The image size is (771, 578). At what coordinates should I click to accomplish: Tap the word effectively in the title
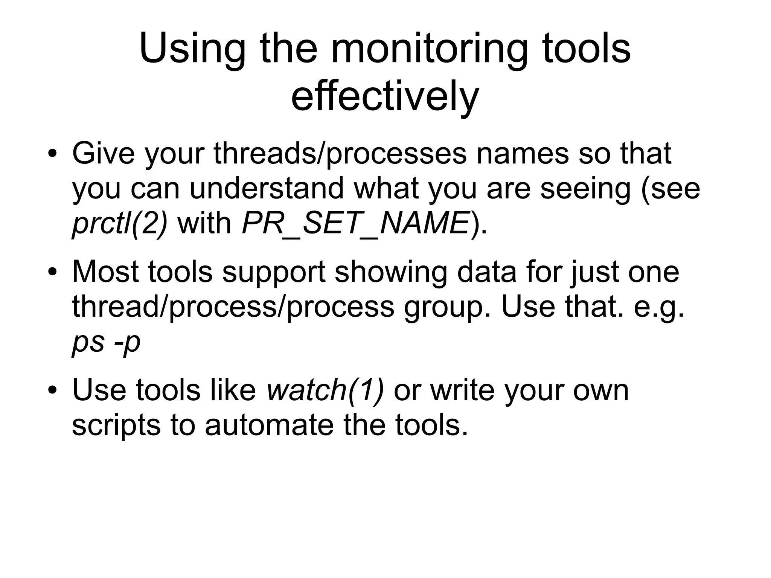click(385, 96)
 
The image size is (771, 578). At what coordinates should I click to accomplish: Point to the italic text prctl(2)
click(120, 223)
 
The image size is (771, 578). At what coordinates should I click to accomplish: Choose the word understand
click(267, 188)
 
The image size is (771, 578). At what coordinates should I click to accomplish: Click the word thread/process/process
click(233, 307)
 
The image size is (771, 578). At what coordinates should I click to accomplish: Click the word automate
click(269, 425)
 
